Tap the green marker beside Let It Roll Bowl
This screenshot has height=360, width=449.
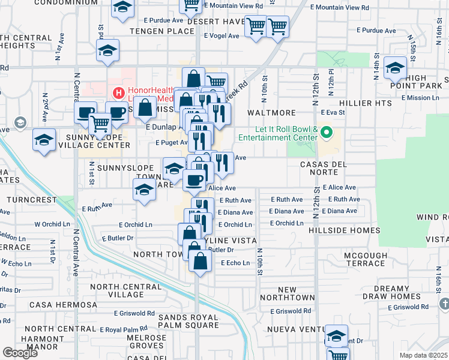click(x=327, y=132)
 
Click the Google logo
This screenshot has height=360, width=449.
click(x=20, y=353)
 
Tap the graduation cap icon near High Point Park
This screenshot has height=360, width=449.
click(x=395, y=68)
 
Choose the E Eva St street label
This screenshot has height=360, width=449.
click(x=333, y=112)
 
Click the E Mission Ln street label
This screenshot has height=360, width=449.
click(x=424, y=98)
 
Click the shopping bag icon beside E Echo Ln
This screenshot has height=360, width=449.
click(x=200, y=261)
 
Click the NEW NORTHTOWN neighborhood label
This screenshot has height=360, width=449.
click(x=288, y=294)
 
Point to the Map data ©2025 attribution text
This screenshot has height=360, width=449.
click(x=424, y=355)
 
